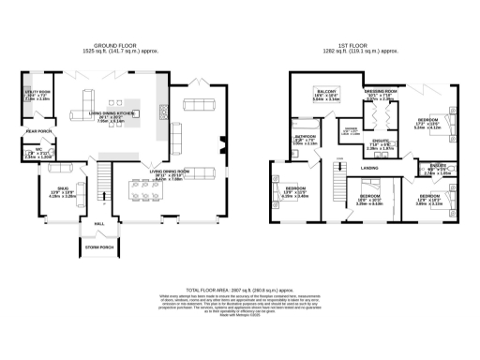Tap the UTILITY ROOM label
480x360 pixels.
[x=37, y=91]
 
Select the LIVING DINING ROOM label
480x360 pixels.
[x=170, y=172]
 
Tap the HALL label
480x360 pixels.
[x=99, y=224]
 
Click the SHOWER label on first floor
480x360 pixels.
[x=351, y=129]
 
